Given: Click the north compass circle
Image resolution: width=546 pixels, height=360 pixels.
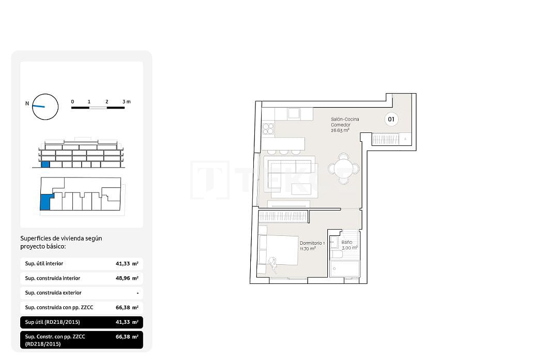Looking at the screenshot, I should pyautogui.click(x=45, y=107).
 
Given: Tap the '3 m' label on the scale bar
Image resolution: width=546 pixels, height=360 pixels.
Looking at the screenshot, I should pyautogui.click(x=127, y=102).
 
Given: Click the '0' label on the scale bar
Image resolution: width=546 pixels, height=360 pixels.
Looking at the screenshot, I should pyautogui.click(x=72, y=102).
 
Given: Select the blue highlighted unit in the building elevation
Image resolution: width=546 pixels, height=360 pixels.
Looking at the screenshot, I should pyautogui.click(x=45, y=164).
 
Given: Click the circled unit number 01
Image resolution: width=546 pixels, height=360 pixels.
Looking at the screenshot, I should pyautogui.click(x=391, y=119).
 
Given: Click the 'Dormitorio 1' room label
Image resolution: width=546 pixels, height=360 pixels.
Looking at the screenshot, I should pyautogui.click(x=312, y=243).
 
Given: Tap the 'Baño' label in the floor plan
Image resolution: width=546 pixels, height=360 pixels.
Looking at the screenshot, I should pyautogui.click(x=346, y=242).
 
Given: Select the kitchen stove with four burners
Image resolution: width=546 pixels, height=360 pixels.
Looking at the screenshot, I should pyautogui.click(x=268, y=129).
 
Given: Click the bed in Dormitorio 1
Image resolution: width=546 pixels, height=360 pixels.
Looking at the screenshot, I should pyautogui.click(x=279, y=250).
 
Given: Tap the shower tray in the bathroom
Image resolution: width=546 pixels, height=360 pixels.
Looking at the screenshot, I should pyautogui.click(x=345, y=268).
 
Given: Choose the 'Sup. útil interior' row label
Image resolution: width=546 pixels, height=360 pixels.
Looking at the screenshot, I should pyautogui.click(x=44, y=264).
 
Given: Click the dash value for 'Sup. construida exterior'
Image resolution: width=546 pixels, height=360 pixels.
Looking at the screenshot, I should pyautogui.click(x=137, y=293).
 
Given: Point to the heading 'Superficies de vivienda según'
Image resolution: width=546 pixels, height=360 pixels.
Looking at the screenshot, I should pyautogui.click(x=61, y=238).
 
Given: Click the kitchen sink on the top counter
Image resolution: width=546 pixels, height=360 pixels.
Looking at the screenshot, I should pyautogui.click(x=294, y=113).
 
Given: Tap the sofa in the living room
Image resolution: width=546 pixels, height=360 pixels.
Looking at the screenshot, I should pyautogui.click(x=290, y=167).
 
